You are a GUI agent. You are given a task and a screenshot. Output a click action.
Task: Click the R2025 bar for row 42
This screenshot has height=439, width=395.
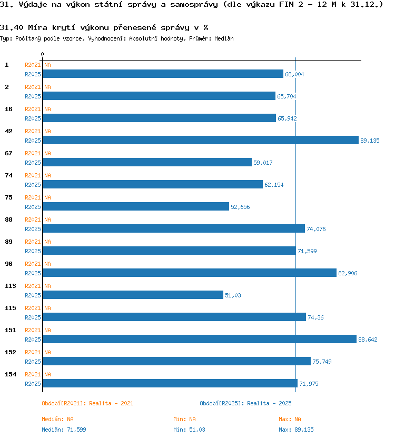pyautogui.click(x=201, y=140)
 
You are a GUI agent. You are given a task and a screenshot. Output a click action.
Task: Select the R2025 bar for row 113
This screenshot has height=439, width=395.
pyautogui.click(x=133, y=295)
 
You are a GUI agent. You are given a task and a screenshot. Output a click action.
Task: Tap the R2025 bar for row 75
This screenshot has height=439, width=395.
pyautogui.click(x=136, y=206)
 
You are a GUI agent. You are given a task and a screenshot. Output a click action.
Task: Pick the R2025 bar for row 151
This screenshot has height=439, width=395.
pyautogui.click(x=200, y=339)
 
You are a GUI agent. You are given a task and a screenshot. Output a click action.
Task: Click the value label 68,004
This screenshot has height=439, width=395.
pyautogui.click(x=294, y=74)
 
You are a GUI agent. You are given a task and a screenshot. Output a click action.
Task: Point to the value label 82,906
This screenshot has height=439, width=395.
pyautogui.click(x=348, y=273)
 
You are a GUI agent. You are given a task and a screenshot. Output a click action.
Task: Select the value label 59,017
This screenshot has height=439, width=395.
pyautogui.click(x=263, y=163)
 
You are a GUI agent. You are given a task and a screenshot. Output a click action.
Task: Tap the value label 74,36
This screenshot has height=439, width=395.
pyautogui.click(x=315, y=317)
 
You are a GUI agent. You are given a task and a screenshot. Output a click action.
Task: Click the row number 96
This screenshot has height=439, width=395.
pyautogui.click(x=8, y=264)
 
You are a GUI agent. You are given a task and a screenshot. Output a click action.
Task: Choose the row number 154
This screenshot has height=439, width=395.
pyautogui.click(x=11, y=374)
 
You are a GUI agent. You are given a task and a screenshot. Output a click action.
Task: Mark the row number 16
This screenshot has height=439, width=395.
pyautogui.click(x=8, y=109)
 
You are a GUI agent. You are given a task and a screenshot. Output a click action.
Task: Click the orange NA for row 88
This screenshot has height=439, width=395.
pyautogui.click(x=47, y=219)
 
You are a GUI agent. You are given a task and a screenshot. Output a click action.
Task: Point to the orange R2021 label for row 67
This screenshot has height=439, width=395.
pyautogui.click(x=33, y=153)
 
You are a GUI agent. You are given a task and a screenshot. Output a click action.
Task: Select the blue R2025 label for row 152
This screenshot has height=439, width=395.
pyautogui.click(x=33, y=362)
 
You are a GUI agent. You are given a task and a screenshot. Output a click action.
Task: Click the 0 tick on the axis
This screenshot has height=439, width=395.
pyautogui.click(x=42, y=54)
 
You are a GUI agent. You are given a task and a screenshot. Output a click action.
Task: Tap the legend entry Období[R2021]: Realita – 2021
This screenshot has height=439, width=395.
pyautogui.click(x=87, y=403)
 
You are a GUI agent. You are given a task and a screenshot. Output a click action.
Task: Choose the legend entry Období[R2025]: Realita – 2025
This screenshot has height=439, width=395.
pyautogui.click(x=245, y=403)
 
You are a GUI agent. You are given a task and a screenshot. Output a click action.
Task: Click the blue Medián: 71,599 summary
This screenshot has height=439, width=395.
pyautogui.click(x=64, y=430)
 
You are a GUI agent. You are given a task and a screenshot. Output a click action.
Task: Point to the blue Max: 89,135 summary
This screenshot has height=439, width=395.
pyautogui.click(x=296, y=430)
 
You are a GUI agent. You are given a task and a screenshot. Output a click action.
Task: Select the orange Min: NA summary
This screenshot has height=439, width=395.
pyautogui.click(x=184, y=419)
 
